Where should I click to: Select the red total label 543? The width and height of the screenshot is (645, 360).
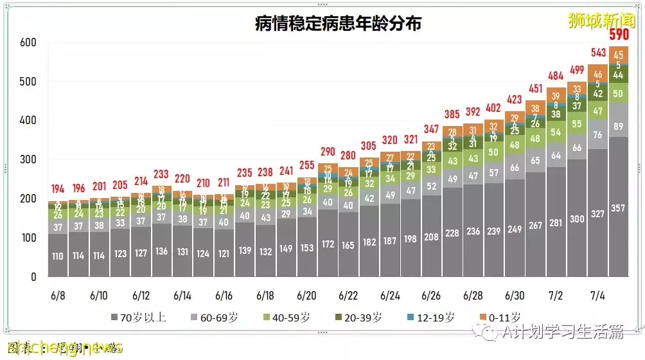click(x=598, y=51)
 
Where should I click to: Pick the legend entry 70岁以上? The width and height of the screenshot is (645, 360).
click(x=138, y=317)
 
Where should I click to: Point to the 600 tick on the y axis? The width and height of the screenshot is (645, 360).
click(x=28, y=43)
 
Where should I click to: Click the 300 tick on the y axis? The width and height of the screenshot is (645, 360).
click(x=28, y=160)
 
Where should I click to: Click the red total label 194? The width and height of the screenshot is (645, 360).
click(x=58, y=188)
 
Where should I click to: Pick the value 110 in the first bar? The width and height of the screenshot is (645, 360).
click(x=58, y=256)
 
